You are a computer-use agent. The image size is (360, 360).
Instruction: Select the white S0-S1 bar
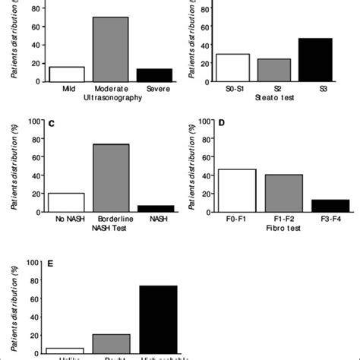232,67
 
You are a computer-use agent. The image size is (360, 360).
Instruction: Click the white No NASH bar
66,201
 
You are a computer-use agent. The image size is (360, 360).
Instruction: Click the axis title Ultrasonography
112,98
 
